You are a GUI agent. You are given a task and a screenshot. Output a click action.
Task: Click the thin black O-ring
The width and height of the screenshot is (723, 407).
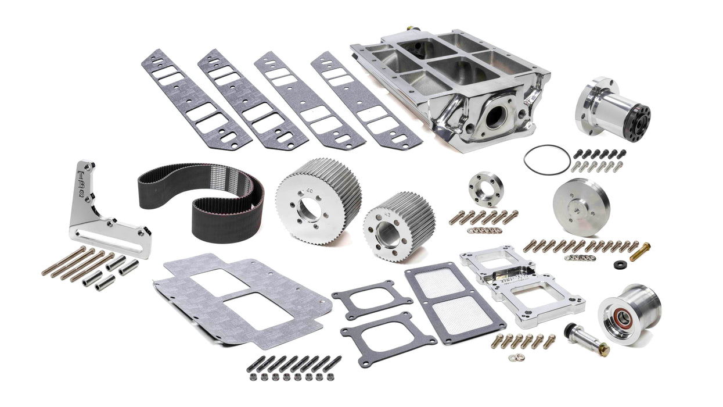tap(546, 159)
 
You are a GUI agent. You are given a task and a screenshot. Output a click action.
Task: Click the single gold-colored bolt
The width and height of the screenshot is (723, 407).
tap(639, 252)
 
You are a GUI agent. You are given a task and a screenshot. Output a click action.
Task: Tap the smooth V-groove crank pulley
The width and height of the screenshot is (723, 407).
tap(581, 206)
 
